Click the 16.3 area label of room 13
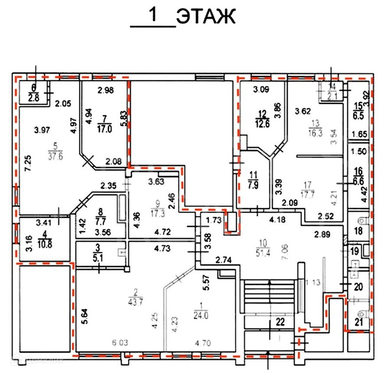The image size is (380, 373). (x=315, y=132)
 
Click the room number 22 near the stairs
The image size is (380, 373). (x=280, y=322)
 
